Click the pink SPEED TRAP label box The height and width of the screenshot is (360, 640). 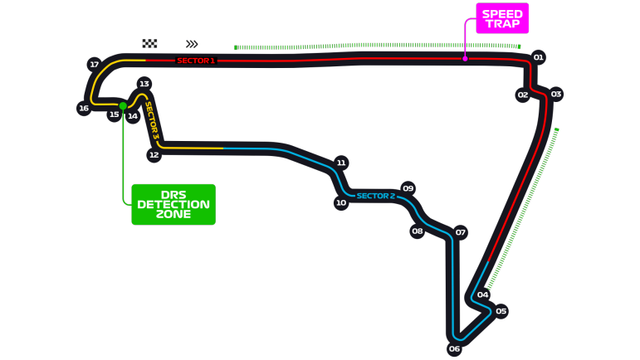(x=502, y=18)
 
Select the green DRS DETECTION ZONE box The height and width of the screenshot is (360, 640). (x=173, y=204)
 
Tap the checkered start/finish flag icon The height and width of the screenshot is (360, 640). (x=149, y=43)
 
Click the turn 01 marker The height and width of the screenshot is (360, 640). (x=538, y=57)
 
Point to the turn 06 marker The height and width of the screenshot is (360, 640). (x=454, y=348)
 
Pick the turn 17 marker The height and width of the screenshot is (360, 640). (x=94, y=64)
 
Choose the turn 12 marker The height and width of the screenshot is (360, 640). (x=154, y=154)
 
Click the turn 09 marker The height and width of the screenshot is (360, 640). (x=408, y=188)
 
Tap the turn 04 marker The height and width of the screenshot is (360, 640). (x=482, y=294)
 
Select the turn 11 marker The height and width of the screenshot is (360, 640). (x=340, y=163)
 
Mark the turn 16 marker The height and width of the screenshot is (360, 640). (x=84, y=108)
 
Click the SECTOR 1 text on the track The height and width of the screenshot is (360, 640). (x=196, y=61)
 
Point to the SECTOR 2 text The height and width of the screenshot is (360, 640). (x=375, y=196)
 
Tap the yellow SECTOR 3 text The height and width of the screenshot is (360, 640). (x=152, y=120)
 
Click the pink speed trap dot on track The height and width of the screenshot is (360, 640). (x=465, y=59)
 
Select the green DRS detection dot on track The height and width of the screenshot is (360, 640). (x=123, y=105)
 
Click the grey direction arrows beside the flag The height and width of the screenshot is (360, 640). (x=192, y=44)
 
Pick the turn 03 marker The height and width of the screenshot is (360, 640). (x=555, y=94)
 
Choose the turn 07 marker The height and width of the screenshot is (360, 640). (x=460, y=232)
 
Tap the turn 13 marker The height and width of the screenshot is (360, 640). (x=144, y=84)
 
